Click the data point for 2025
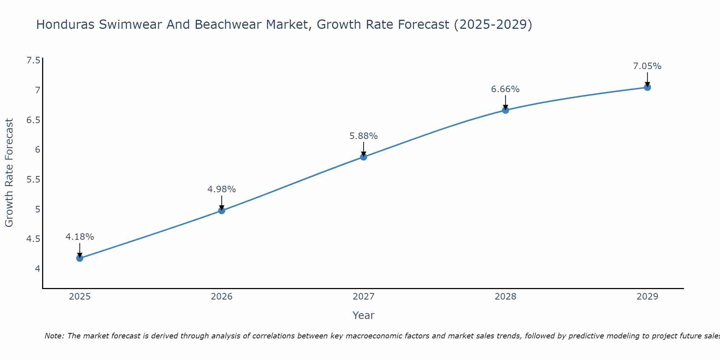point(80,258)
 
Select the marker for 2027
point(364,157)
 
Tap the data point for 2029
point(647,87)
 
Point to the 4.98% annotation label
point(221,189)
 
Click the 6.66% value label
point(505,89)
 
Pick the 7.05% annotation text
point(647,66)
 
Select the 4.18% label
point(80,237)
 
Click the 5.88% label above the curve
point(364,136)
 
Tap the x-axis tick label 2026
point(221,297)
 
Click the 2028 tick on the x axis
point(505,297)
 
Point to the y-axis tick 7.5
point(33,60)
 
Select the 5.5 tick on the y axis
point(33,179)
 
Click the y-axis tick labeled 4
point(37,269)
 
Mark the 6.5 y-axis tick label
point(33,120)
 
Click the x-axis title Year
point(363,315)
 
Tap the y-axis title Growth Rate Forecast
point(9,173)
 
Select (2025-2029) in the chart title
point(493,24)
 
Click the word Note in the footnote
point(54,336)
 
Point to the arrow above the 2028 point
point(505,102)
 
